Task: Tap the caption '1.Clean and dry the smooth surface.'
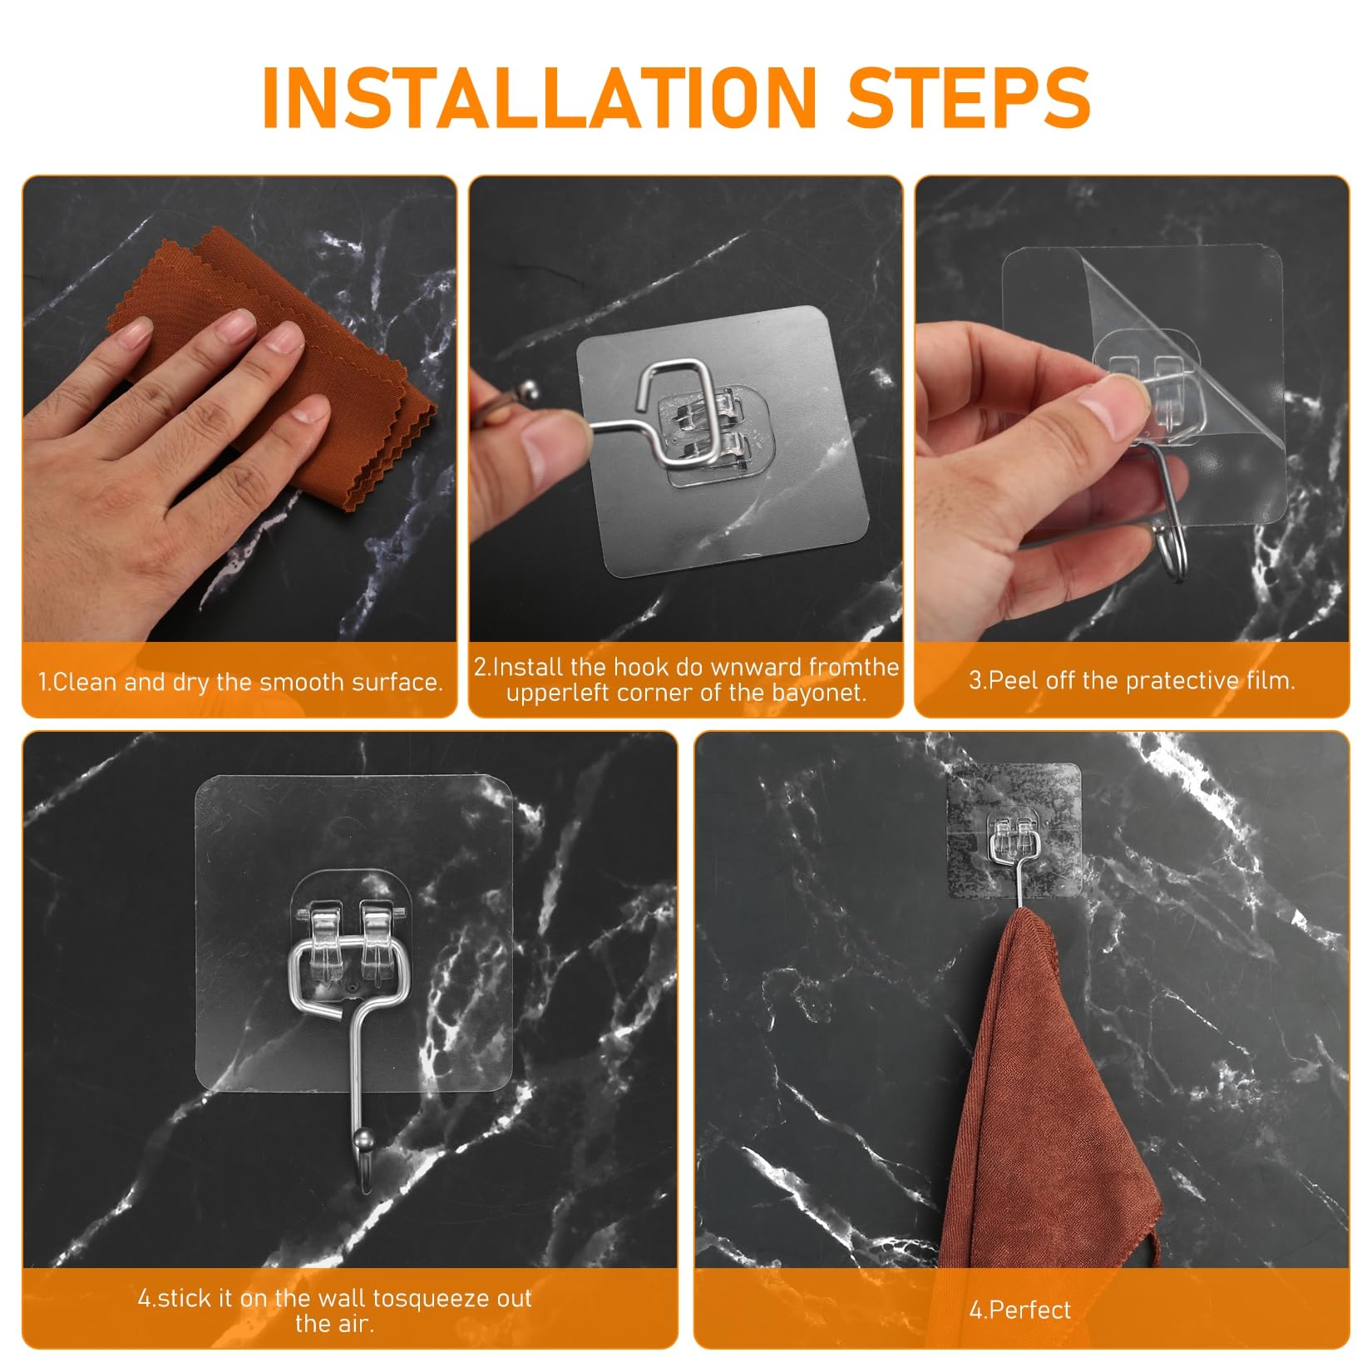[240, 683]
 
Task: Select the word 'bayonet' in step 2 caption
[823, 693]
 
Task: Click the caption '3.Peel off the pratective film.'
[1132, 680]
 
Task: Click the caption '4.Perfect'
[1020, 1310]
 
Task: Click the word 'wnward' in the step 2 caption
[743, 667]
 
